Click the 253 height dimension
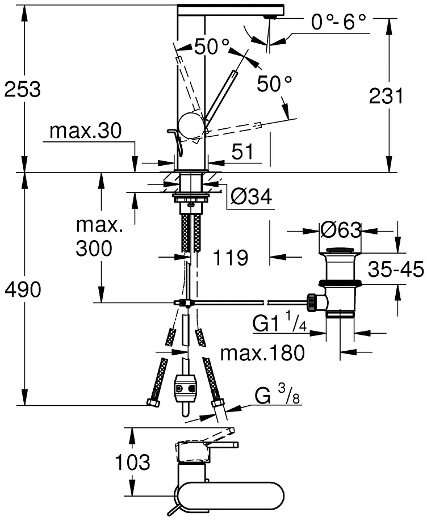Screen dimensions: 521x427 click(x=22, y=90)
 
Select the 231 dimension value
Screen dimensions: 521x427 click(x=386, y=96)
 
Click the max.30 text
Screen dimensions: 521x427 click(x=85, y=132)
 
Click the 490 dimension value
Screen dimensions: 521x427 click(x=22, y=290)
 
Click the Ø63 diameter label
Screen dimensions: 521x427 click(x=341, y=230)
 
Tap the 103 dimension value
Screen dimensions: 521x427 click(x=133, y=462)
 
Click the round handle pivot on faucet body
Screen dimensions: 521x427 click(x=190, y=124)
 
